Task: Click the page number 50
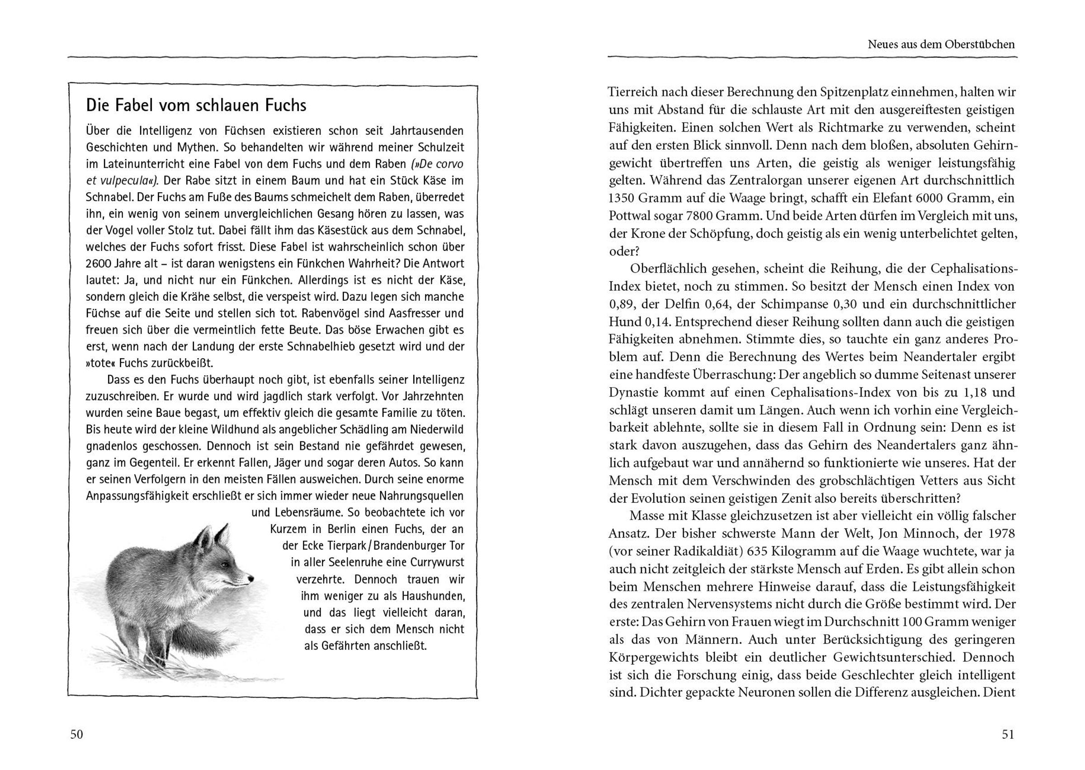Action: [x=76, y=734]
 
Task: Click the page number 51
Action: [x=1008, y=734]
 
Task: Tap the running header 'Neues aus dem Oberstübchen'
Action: [x=941, y=45]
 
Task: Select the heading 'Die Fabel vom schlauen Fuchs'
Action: [x=196, y=105]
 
